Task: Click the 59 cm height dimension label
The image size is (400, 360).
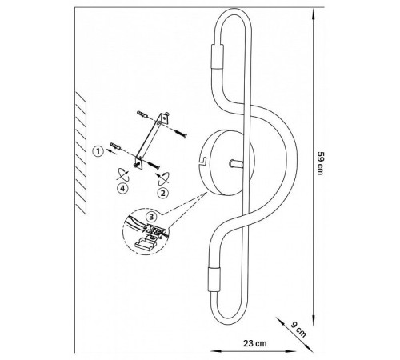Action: pyautogui.click(x=320, y=163)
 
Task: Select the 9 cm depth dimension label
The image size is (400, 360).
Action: pyautogui.click(x=298, y=330)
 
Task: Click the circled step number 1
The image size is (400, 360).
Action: pyautogui.click(x=98, y=151)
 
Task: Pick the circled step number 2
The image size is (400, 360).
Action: pyautogui.click(x=163, y=193)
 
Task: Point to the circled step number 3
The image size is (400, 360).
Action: pyautogui.click(x=151, y=217)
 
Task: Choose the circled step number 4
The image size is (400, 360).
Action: pyautogui.click(x=122, y=188)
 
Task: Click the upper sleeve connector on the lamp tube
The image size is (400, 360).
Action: pyautogui.click(x=218, y=57)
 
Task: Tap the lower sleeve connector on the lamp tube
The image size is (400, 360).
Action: pyautogui.click(x=214, y=279)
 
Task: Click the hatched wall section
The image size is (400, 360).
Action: pyautogui.click(x=81, y=153)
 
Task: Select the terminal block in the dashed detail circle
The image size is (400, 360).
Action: pyautogui.click(x=155, y=230)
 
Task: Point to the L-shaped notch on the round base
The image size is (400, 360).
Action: pyautogui.click(x=202, y=161)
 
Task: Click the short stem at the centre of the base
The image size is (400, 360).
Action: pyautogui.click(x=236, y=164)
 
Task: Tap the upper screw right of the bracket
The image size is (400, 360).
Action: pyautogui.click(x=181, y=134)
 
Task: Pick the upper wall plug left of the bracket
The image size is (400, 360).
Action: pyautogui.click(x=142, y=114)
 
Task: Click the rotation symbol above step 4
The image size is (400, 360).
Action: pyautogui.click(x=123, y=174)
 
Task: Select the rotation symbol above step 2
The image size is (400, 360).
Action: pyautogui.click(x=163, y=178)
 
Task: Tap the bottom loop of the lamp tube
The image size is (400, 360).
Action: pyautogui.click(x=228, y=320)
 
